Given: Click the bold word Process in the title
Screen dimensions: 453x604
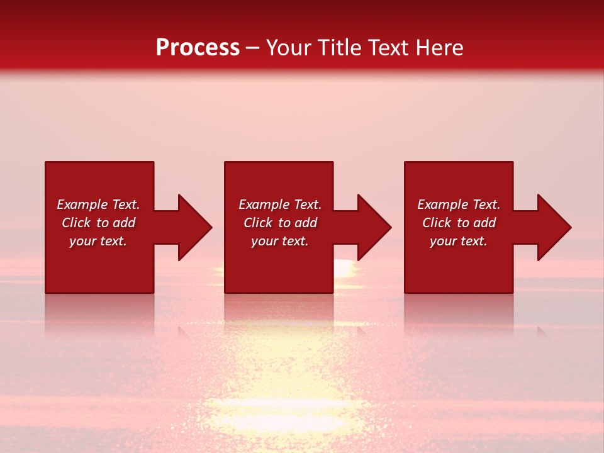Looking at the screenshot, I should click(198, 48).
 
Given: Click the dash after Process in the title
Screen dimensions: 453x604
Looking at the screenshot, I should click(253, 48).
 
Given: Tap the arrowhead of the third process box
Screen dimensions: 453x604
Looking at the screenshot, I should click(553, 227).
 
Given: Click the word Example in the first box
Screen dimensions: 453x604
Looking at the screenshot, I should click(82, 204).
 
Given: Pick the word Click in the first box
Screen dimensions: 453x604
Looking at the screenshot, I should click(77, 223).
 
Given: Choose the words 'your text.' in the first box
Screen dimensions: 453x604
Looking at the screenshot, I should click(98, 241).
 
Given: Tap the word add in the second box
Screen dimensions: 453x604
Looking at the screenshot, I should click(307, 223).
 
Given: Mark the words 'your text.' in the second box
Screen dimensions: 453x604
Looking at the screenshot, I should click(280, 241).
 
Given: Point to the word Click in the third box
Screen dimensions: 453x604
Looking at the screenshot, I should click(437, 223).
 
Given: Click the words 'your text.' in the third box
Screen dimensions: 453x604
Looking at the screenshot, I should click(459, 241).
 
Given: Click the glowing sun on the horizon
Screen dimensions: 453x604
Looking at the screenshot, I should click(343, 267).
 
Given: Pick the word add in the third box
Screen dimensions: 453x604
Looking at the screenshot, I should click(486, 223).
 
